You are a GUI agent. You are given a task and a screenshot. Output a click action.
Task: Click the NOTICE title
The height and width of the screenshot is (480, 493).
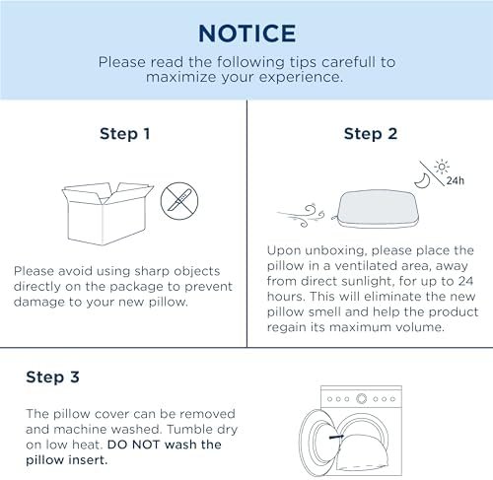pos(247,34)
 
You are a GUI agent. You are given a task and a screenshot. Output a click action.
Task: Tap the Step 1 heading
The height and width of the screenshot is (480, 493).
pos(125,134)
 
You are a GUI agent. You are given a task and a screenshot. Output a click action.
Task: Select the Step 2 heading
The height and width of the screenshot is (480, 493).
pos(371,134)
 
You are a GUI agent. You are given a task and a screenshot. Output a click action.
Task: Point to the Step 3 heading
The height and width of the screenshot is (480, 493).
pos(52,377)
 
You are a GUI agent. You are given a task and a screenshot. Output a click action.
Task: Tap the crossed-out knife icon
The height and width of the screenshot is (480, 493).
pos(179,201)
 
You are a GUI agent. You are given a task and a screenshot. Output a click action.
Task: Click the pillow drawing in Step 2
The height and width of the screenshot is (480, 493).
pos(377,209)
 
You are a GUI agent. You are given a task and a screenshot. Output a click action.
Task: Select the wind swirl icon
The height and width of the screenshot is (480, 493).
pos(301,215)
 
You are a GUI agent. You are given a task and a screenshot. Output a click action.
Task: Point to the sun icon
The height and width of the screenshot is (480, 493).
pos(442,167)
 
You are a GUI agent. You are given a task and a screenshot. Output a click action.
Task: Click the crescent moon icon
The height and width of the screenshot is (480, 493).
pos(423,181)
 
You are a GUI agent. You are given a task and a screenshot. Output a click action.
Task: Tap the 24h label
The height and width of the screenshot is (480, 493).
pos(456,180)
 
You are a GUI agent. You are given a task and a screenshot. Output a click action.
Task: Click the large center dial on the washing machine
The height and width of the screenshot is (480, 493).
pos(362,399)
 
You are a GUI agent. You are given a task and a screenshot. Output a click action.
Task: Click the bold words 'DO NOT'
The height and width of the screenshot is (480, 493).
pos(134,445)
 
